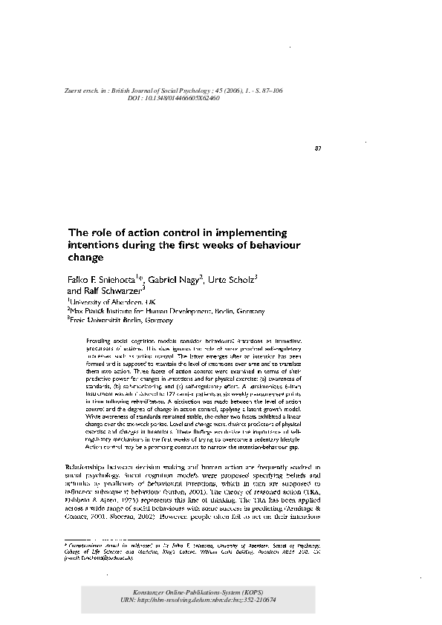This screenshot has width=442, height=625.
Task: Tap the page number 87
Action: coord(317,148)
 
